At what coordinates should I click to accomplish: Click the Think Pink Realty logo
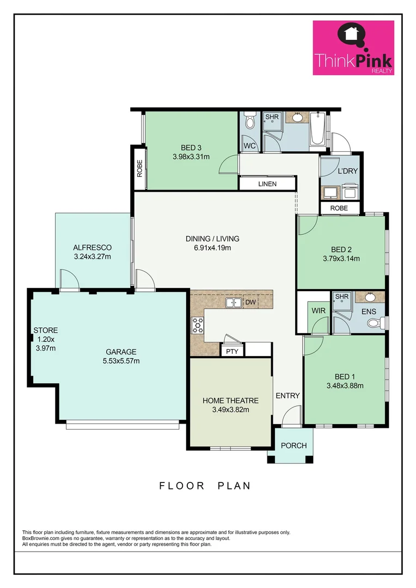coord(353,48)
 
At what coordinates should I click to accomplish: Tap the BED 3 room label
coord(191,147)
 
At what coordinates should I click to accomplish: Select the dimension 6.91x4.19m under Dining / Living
coord(212,248)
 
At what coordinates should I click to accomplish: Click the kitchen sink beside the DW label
coord(234,302)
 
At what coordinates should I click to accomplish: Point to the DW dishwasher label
coord(250,302)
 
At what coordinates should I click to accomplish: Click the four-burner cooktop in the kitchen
coord(197,325)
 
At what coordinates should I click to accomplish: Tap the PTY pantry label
coord(232,351)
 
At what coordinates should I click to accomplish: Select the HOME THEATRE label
coord(230,401)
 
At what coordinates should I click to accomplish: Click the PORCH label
coord(293,445)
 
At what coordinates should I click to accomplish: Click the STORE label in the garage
coord(45,330)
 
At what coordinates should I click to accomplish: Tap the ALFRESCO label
coord(93,247)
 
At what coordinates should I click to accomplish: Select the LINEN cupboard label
coord(267,184)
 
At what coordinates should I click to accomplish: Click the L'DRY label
coord(348,171)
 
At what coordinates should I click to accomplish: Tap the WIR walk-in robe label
coord(319,310)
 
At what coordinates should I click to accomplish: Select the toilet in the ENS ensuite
coord(374,323)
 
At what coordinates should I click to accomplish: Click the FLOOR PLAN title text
coord(205,486)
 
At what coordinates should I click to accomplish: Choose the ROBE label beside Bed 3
coord(139,169)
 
